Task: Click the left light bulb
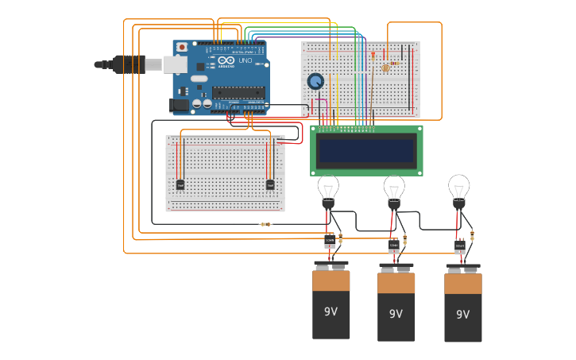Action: tap(328, 189)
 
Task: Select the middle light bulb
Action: tap(394, 190)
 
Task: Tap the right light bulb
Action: tap(458, 188)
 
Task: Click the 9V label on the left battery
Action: tap(331, 312)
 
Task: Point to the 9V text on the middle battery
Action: tap(396, 314)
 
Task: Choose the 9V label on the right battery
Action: tap(462, 315)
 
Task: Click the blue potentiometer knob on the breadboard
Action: tap(315, 81)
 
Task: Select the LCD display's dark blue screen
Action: tap(366, 150)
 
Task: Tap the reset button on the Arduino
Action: tap(182, 48)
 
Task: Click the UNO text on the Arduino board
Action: tap(245, 61)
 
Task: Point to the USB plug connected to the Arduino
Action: tap(131, 64)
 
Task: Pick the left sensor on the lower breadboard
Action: tap(180, 185)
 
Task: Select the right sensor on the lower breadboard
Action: tap(270, 185)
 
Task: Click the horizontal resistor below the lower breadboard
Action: tap(266, 224)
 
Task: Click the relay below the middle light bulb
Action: tap(394, 245)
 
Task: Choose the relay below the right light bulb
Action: tap(460, 246)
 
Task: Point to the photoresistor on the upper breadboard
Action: tap(386, 68)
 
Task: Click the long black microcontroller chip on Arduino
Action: tap(238, 92)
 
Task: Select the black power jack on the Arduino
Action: tap(180, 105)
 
